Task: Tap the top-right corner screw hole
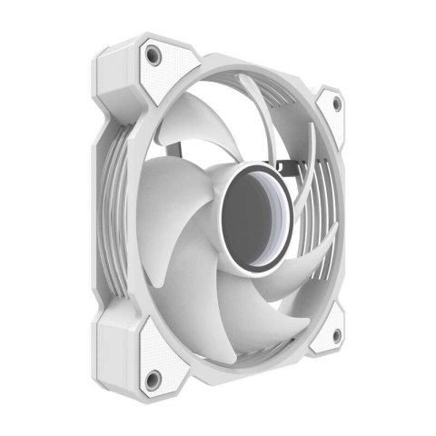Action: coord(337,104)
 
